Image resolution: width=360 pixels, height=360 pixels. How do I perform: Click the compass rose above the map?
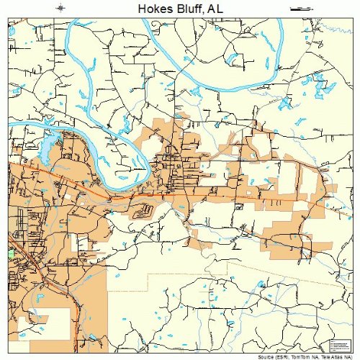tap(60, 8)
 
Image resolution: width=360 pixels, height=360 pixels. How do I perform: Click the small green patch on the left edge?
tap(11, 254)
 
